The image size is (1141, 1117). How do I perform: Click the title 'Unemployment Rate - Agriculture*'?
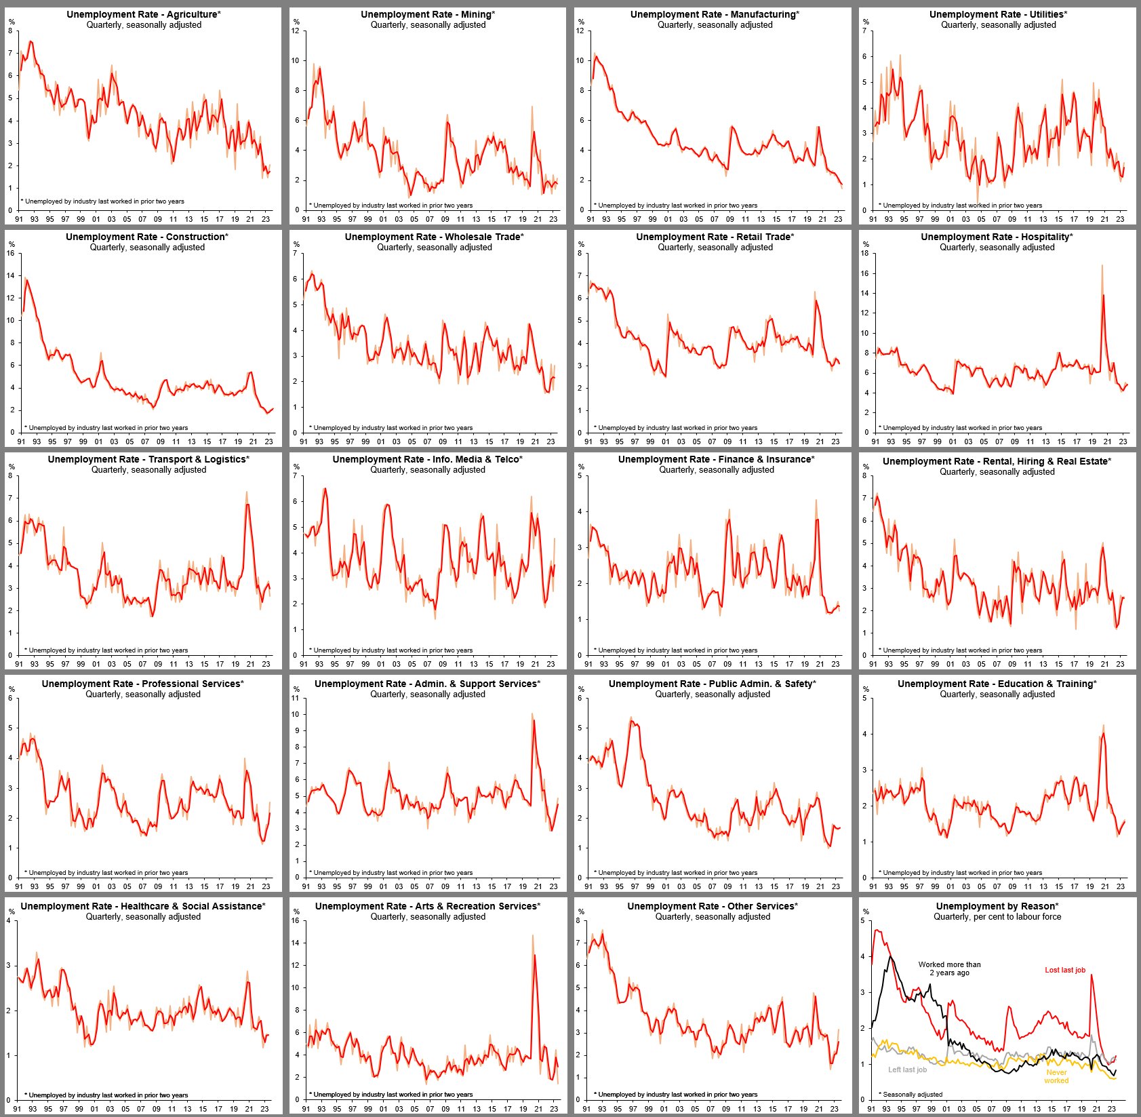(x=144, y=14)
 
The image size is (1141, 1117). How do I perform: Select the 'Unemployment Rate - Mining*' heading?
(x=428, y=14)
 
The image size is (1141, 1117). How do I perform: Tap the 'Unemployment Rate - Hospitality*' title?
(x=997, y=237)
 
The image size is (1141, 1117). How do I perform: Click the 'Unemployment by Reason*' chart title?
(x=997, y=906)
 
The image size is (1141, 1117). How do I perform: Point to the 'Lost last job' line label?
(x=1065, y=970)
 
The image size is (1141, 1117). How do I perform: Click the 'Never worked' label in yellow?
(x=1056, y=1076)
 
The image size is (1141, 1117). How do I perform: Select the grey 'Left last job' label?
(x=907, y=1070)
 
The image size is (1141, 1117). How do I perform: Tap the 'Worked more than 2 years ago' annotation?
(x=949, y=968)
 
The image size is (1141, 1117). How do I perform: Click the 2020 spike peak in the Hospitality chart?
(x=1102, y=265)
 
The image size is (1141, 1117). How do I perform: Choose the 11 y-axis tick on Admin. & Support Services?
(x=295, y=699)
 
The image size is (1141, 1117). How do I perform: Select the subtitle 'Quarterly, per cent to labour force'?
(x=997, y=916)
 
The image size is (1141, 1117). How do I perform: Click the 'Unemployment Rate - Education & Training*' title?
(x=997, y=684)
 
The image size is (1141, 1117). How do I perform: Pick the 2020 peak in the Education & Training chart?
(x=1104, y=726)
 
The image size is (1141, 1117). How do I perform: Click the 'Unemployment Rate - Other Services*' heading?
(x=713, y=906)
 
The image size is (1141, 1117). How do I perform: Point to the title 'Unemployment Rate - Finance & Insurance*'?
(x=717, y=459)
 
